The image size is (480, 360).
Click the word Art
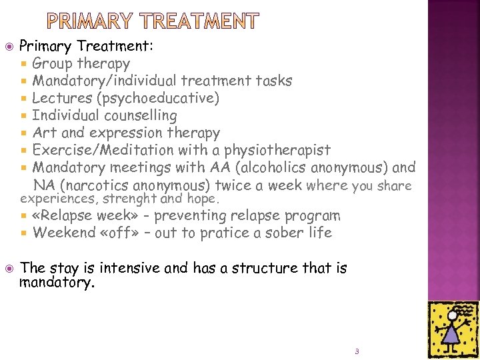[45, 133]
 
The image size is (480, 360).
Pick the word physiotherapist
[279, 151]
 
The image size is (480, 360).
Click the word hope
[204, 199]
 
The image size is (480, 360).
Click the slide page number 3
[357, 351]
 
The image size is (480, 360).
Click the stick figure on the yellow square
[453, 326]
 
